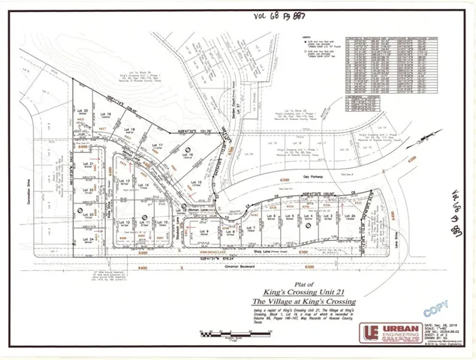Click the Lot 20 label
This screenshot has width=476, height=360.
point(86,110)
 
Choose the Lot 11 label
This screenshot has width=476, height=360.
point(148,223)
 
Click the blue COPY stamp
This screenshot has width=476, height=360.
point(432,308)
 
